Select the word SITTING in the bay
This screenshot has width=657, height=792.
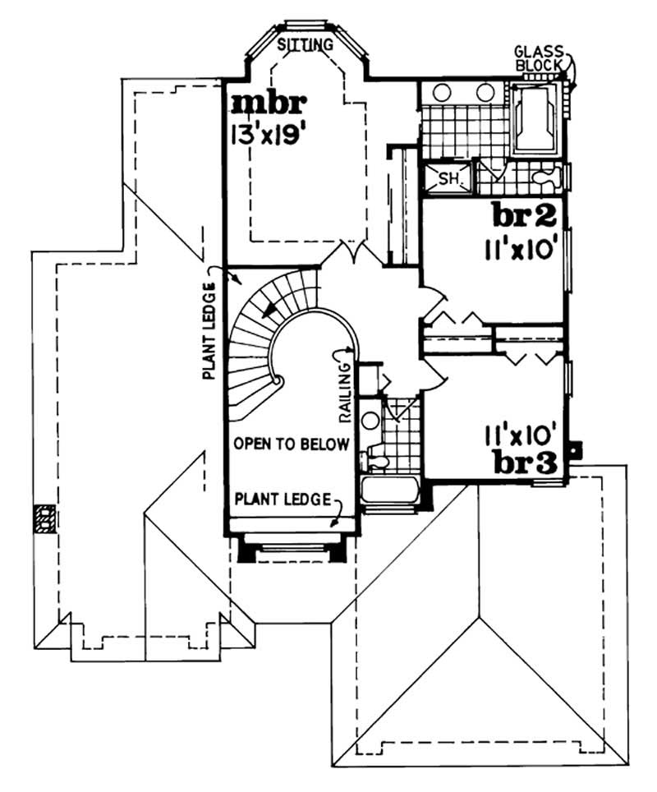(306, 44)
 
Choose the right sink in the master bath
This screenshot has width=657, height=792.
(485, 94)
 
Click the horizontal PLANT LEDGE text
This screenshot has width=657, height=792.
(283, 498)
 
